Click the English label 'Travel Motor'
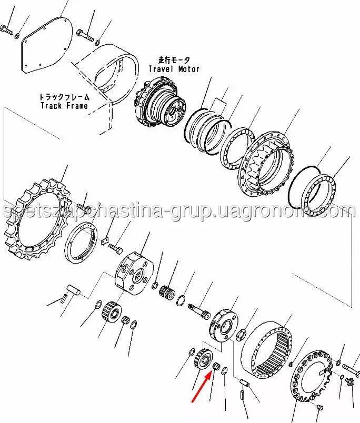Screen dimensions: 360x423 tap(174, 69)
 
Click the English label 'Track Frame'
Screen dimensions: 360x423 tap(64, 105)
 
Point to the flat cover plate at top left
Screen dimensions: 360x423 tap(46, 45)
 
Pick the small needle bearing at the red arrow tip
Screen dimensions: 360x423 tap(216, 367)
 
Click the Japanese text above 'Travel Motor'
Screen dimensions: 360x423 tap(174, 60)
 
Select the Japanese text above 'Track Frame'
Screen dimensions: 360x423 tap(64, 97)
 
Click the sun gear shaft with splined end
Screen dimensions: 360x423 tap(199, 311)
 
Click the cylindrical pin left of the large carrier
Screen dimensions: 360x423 tap(73, 289)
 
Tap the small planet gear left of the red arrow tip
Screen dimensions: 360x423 tap(203, 360)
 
